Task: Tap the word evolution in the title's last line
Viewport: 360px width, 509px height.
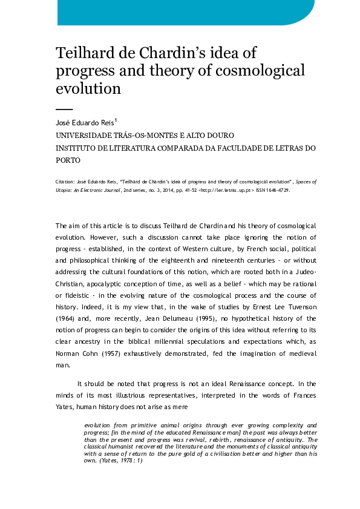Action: click(88, 88)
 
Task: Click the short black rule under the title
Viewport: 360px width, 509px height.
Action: click(64, 109)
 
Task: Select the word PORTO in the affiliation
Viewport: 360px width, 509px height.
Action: click(68, 160)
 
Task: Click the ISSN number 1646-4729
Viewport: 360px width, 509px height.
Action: click(275, 190)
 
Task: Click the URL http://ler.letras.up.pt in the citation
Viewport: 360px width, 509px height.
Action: click(225, 190)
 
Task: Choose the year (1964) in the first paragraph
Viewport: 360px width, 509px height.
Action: click(67, 318)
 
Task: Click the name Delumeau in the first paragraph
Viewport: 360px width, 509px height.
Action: click(185, 318)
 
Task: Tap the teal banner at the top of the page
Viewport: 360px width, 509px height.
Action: click(182, 12)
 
